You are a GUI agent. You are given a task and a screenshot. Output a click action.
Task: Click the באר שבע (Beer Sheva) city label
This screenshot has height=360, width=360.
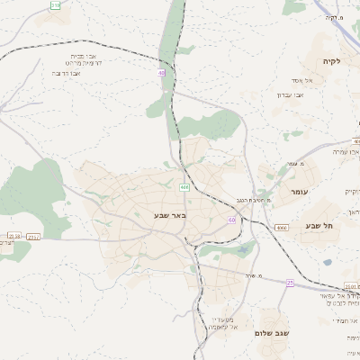click(x=169, y=217)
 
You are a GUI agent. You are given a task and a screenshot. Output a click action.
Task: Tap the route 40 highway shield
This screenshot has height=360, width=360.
click(x=162, y=74)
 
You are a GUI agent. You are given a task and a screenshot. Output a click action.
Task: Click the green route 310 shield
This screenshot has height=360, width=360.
click(x=56, y=5)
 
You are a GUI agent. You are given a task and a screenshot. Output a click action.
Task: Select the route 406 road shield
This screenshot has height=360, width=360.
click(x=184, y=187)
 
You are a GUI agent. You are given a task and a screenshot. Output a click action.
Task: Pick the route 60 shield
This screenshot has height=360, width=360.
click(x=231, y=220)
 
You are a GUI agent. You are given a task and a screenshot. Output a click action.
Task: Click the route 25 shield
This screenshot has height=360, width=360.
click(x=290, y=283)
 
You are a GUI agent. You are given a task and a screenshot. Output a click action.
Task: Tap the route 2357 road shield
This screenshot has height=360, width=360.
click(x=33, y=237)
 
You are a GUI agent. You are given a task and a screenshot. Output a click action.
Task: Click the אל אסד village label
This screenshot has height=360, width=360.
click(x=302, y=80)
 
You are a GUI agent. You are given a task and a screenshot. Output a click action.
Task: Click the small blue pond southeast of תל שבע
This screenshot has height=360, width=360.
click(x=327, y=262)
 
